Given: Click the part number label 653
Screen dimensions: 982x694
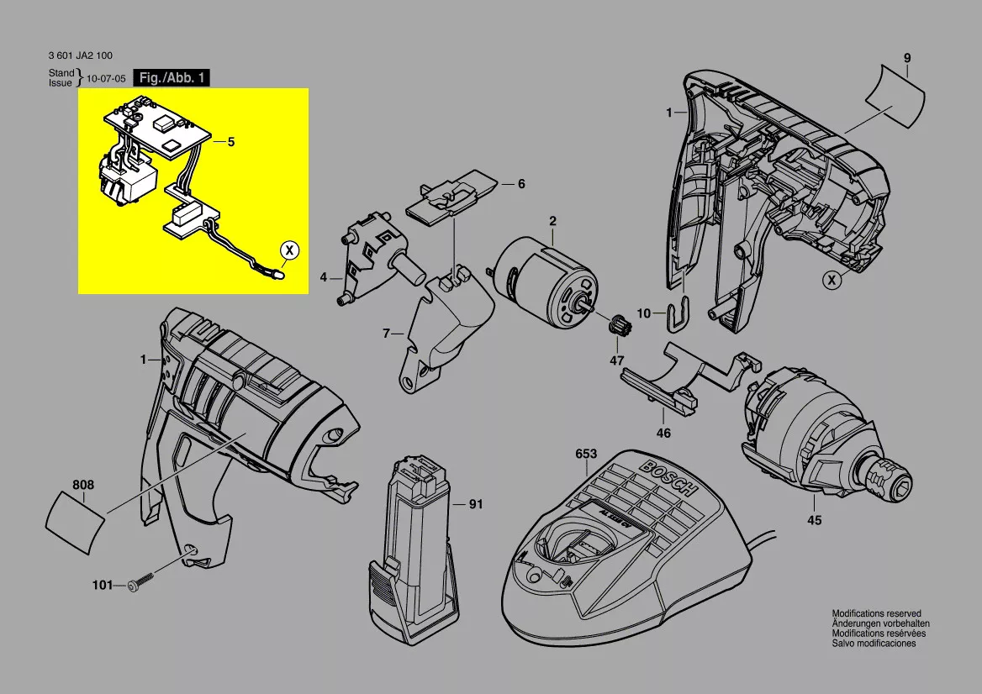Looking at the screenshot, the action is pos(586,454).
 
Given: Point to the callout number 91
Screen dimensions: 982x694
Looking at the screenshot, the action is pos(476,504).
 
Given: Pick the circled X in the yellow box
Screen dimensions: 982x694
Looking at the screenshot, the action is pos(288,250).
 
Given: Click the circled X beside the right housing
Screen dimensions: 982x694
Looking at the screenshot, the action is pos(832,280).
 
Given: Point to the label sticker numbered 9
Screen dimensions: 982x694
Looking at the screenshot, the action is pos(895,97).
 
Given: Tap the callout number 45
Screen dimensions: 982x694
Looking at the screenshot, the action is pos(814,520).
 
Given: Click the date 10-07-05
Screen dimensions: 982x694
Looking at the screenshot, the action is pos(106,79).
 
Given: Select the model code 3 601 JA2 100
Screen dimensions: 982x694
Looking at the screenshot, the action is pos(80,55).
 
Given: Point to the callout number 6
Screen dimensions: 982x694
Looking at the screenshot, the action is pos(521,184).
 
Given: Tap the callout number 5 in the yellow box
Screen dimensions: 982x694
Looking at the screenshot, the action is pos(231,142).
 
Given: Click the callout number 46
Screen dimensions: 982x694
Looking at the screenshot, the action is pos(663,433).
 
